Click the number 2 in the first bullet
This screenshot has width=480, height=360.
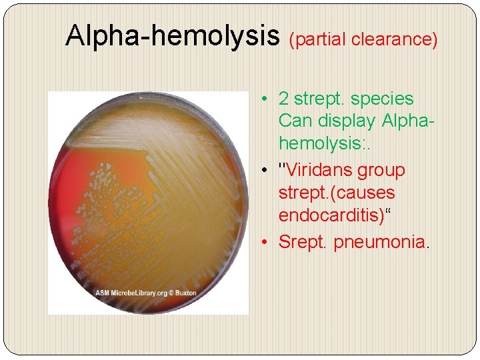pos(283,99)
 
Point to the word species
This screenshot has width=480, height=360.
pos(382,99)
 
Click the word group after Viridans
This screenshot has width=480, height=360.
pos(381,170)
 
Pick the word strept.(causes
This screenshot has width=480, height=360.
pos(337,193)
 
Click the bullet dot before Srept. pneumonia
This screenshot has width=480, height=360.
pos(265,241)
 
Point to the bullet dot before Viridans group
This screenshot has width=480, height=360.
pos(265,170)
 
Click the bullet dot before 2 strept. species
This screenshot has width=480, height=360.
pos(265,99)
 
